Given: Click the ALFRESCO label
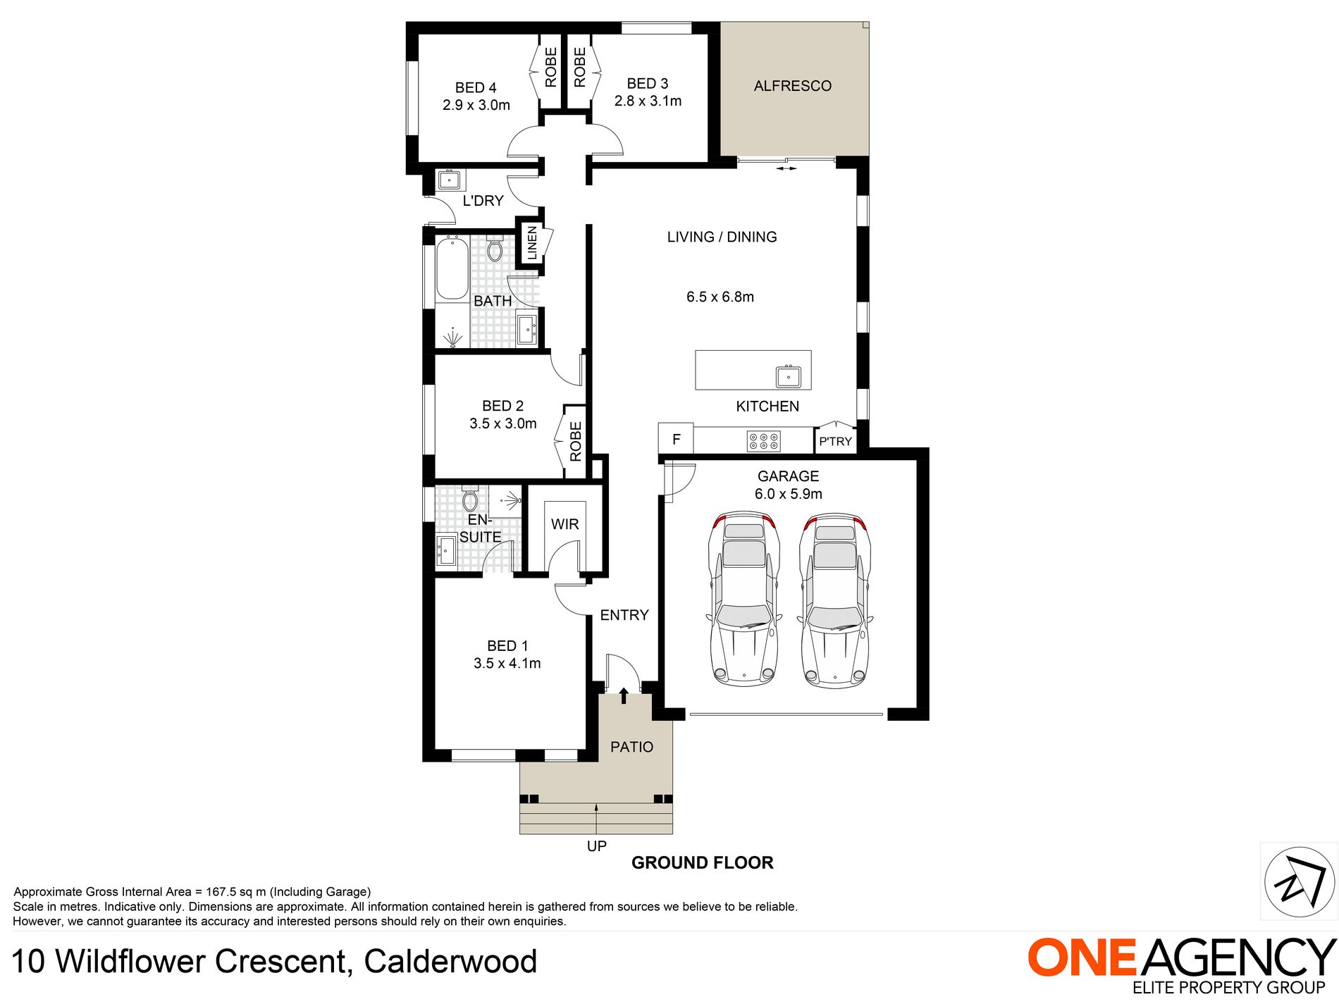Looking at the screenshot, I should tap(792, 86).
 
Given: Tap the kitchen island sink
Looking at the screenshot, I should tap(788, 376).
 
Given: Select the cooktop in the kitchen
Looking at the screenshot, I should tap(764, 442).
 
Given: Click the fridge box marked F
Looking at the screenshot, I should tap(676, 439).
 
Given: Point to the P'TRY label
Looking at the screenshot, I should tap(835, 442).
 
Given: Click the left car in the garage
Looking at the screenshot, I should tap(744, 599).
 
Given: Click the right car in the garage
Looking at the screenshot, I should tap(834, 599).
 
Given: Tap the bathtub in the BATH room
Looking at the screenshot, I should tap(452, 269).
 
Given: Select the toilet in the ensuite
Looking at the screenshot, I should tap(470, 500).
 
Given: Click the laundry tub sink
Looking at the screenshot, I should tap(449, 180).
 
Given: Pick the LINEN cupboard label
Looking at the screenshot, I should tap(532, 243).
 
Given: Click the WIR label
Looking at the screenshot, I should tap(564, 524).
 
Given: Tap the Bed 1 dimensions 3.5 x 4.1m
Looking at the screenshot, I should tap(507, 663).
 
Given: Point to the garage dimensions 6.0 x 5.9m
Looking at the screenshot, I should tap(788, 494).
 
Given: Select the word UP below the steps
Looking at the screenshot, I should tap(596, 846).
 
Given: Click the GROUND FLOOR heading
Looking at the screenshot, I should tap(702, 862).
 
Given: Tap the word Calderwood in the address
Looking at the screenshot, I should tap(450, 962).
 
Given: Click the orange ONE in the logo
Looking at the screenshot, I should tap(1081, 958).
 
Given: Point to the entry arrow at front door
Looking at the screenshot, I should tap(624, 695).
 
